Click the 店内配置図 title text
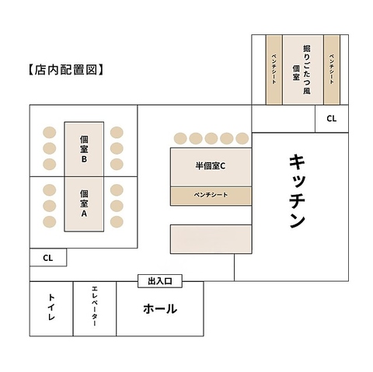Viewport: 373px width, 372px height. (x=66, y=70)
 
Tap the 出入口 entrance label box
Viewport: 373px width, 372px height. (x=160, y=281)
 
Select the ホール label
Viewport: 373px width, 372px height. (x=160, y=308)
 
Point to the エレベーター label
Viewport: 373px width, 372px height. (x=94, y=306)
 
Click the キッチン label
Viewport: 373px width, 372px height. (x=297, y=192)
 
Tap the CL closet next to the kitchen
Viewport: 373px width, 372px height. (x=331, y=119)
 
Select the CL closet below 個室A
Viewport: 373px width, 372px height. (x=48, y=258)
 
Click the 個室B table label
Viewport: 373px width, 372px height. (x=84, y=149)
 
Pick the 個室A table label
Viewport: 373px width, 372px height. (x=84, y=203)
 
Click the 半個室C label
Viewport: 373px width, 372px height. (x=211, y=166)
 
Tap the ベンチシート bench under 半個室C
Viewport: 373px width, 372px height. (x=211, y=196)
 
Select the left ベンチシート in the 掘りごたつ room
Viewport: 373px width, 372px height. (x=274, y=69)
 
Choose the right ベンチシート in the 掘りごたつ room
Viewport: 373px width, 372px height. (x=332, y=69)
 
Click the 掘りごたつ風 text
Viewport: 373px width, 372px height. (x=307, y=70)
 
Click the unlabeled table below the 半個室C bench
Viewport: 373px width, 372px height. (x=211, y=239)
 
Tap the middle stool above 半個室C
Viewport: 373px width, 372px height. (x=211, y=138)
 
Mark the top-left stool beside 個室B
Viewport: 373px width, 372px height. (x=49, y=133)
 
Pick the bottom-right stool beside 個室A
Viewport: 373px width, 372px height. (x=117, y=222)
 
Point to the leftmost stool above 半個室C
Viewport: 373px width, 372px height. (x=180, y=138)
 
